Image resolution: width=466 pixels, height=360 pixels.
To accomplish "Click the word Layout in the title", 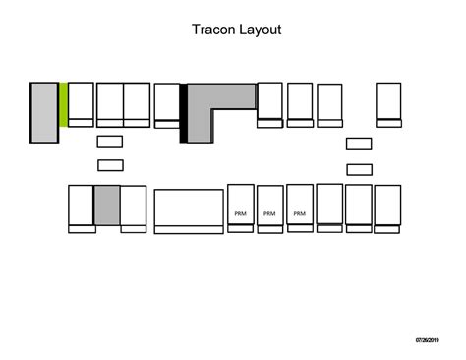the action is (262, 30).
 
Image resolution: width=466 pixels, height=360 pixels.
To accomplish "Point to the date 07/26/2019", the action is (428, 340).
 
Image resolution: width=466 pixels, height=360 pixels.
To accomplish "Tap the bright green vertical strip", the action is (63, 104).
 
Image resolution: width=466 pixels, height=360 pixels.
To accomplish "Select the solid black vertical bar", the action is (183, 113).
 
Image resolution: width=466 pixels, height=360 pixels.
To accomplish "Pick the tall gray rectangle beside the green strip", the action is (44, 113).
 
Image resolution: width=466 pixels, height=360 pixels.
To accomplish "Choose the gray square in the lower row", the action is (107, 205).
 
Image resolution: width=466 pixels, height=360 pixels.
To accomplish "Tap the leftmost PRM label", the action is (240, 213).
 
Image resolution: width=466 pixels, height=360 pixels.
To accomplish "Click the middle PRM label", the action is (270, 213).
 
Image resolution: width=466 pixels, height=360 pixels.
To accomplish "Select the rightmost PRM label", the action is (300, 213).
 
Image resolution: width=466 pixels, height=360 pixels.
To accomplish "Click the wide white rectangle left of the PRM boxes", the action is (189, 210).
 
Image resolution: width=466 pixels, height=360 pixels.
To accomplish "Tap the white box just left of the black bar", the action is (167, 104).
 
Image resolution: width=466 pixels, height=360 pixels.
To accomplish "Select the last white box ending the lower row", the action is (388, 208).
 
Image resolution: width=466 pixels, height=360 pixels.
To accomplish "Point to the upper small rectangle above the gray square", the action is (110, 142).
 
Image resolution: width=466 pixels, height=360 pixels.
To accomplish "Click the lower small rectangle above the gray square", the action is (110, 165).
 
